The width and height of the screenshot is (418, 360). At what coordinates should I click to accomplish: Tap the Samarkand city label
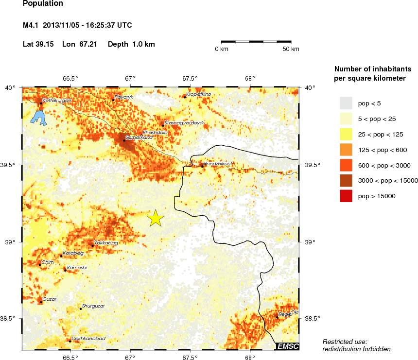[139, 137]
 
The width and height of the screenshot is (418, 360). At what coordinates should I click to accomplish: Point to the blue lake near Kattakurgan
[37, 117]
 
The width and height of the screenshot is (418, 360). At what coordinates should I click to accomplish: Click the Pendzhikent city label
[218, 164]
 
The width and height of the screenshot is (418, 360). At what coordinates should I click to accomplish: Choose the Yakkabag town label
[105, 242]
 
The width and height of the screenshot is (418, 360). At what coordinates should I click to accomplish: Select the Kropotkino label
[198, 94]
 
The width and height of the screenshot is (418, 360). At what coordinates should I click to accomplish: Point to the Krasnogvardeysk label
[184, 122]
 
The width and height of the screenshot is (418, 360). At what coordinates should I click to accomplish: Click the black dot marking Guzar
[40, 302]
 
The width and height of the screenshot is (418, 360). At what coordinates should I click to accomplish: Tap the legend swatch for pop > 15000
[346, 196]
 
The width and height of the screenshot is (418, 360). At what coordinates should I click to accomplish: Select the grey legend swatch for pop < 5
[346, 103]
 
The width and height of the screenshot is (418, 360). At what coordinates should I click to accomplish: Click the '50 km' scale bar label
[292, 49]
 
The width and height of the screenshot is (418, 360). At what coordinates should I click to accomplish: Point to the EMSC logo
[287, 346]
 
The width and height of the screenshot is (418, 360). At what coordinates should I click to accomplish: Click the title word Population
[43, 4]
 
